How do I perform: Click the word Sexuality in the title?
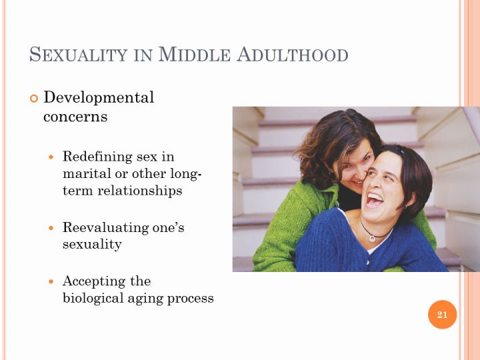78,55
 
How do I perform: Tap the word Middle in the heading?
195,55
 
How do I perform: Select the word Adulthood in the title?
293,55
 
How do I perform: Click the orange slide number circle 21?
442,315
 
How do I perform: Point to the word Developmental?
99,98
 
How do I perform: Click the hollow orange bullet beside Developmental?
34,99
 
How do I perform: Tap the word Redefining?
97,157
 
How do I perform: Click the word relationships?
140,191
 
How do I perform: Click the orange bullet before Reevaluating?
51,228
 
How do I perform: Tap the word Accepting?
94,281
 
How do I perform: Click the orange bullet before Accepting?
51,281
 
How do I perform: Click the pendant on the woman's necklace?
371,238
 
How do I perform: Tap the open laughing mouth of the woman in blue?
374,199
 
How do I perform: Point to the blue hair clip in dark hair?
402,151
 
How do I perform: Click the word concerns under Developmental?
75,117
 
